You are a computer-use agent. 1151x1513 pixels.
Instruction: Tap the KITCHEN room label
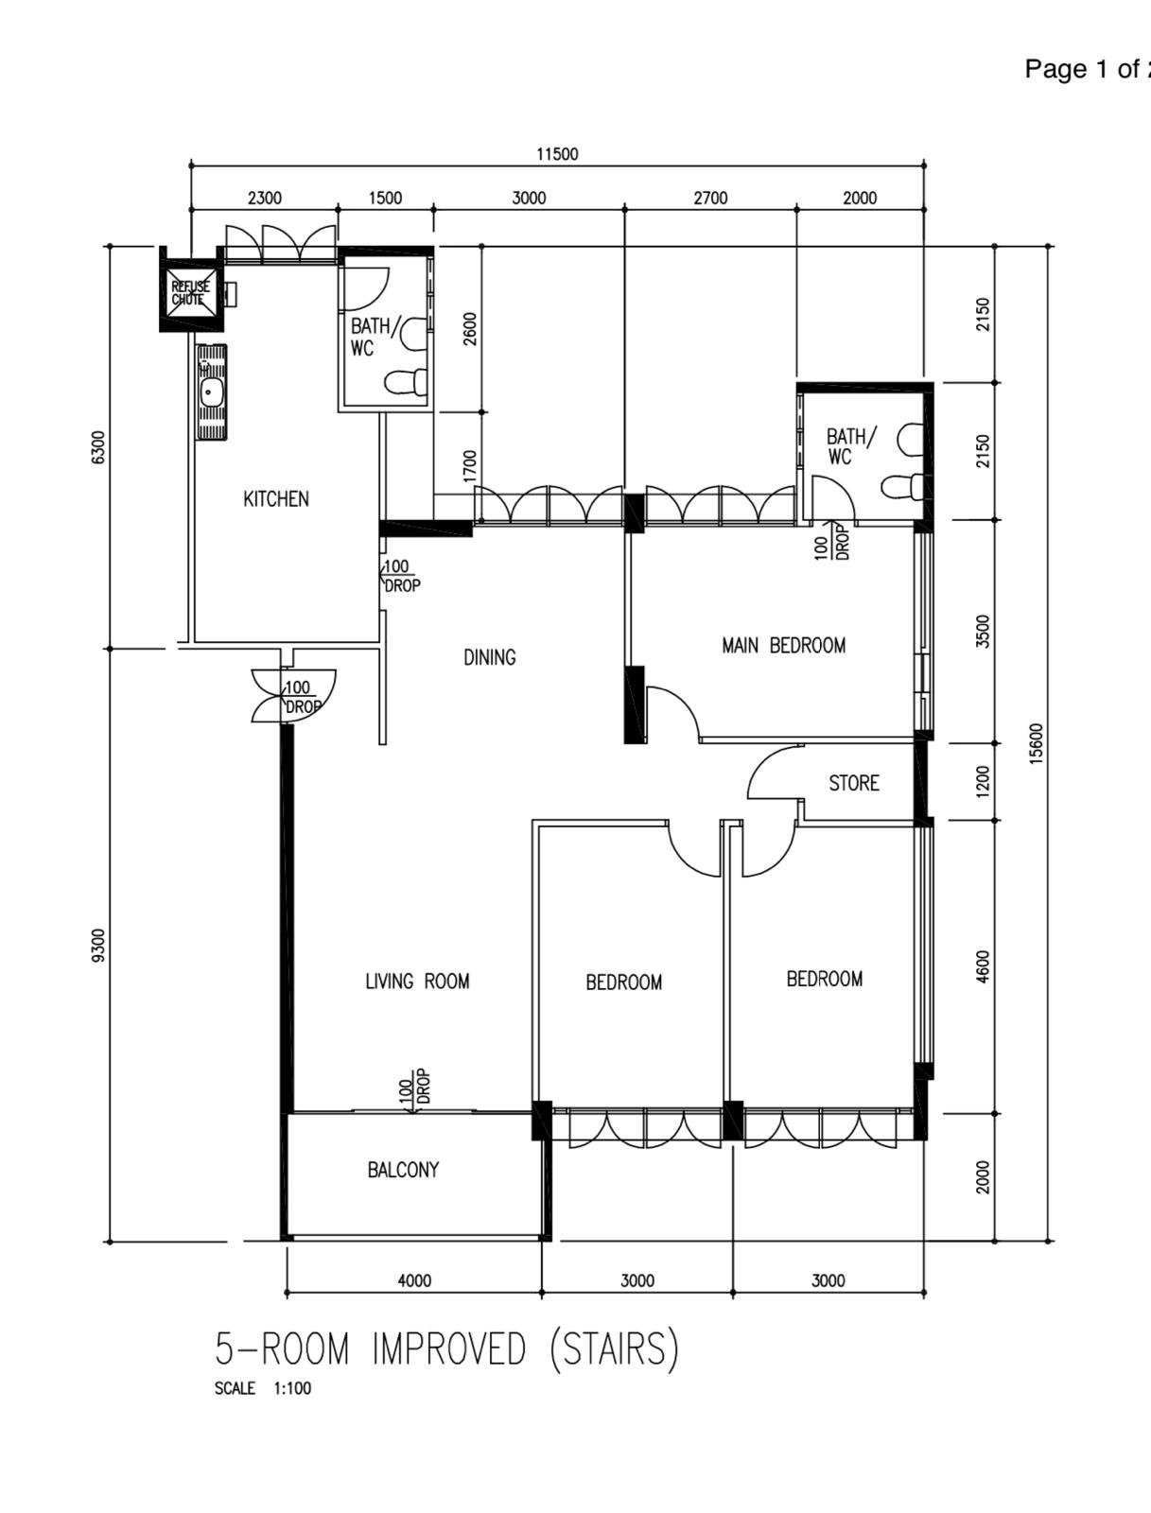click(x=275, y=499)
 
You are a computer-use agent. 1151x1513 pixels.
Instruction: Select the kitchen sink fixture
click(x=211, y=392)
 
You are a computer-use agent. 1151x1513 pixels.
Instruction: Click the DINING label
click(x=489, y=657)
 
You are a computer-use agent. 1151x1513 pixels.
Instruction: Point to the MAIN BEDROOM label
click(x=784, y=646)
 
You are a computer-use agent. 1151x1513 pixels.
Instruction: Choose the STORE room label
click(x=854, y=783)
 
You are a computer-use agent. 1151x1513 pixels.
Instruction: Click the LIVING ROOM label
click(x=417, y=982)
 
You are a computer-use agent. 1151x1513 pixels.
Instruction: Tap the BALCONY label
click(x=403, y=1170)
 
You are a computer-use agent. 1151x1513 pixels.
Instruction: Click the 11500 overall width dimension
click(x=557, y=154)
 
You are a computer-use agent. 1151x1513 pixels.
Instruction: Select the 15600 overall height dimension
click(x=1038, y=744)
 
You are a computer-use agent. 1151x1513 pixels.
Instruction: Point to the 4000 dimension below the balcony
click(x=414, y=1280)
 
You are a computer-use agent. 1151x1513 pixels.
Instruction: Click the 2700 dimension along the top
click(x=710, y=199)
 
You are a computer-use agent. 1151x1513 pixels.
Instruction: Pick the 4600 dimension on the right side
click(x=984, y=966)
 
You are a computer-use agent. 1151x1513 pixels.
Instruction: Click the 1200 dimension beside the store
click(x=984, y=782)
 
